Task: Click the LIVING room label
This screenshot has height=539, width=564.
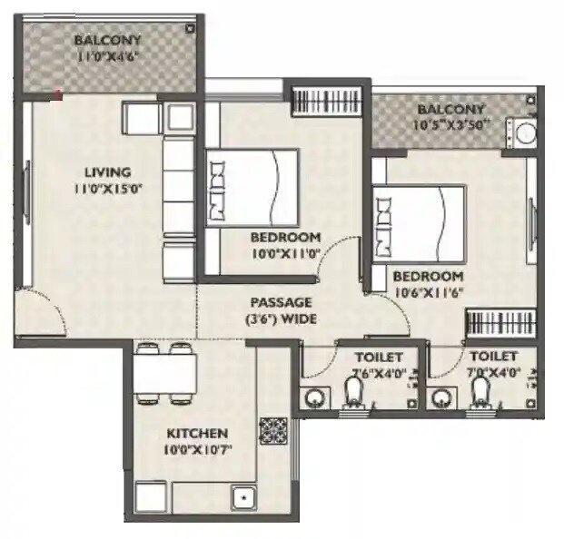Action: pos(107,171)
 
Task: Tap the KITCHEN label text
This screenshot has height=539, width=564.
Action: pos(196,433)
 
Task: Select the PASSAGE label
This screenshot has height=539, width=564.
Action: pos(282,301)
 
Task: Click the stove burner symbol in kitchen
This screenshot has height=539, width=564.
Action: pos(273,429)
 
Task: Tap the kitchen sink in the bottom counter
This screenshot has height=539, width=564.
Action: pos(243,499)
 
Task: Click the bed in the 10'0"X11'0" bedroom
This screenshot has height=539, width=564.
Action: pos(252,187)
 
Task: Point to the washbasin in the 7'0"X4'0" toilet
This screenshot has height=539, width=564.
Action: pos(443,397)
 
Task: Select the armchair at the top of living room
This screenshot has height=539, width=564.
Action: pos(141,118)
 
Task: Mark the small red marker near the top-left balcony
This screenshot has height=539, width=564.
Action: pos(59,93)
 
